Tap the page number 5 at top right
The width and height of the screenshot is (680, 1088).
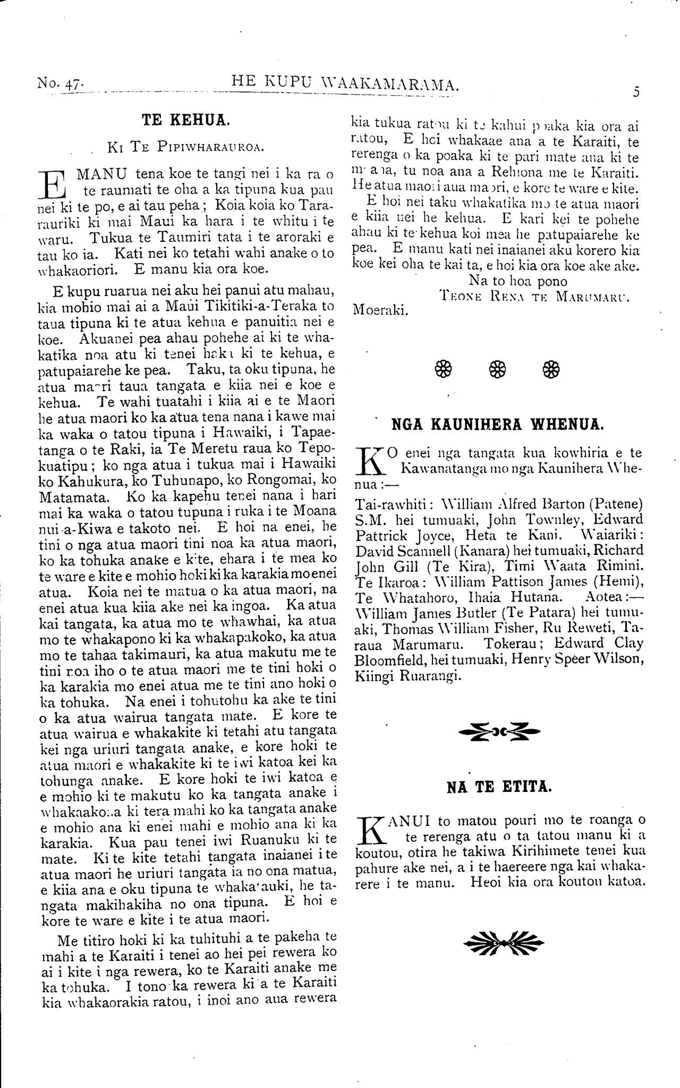(x=636, y=91)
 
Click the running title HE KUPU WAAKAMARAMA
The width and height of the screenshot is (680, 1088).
(x=345, y=82)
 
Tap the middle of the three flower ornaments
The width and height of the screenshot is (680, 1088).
(x=497, y=368)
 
